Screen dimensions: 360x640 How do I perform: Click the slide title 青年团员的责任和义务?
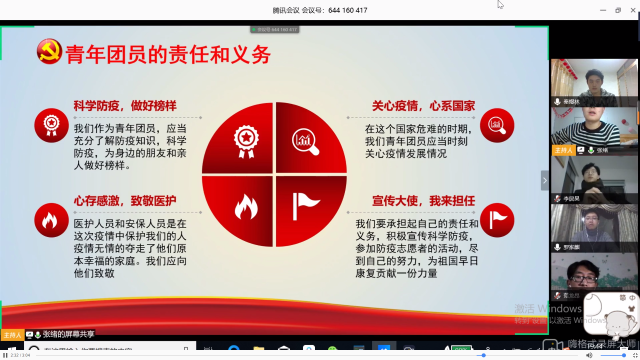[x=167, y=54]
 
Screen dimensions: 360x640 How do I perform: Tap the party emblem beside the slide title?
[x=47, y=53]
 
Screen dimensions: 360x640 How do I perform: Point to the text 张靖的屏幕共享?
[x=69, y=333]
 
